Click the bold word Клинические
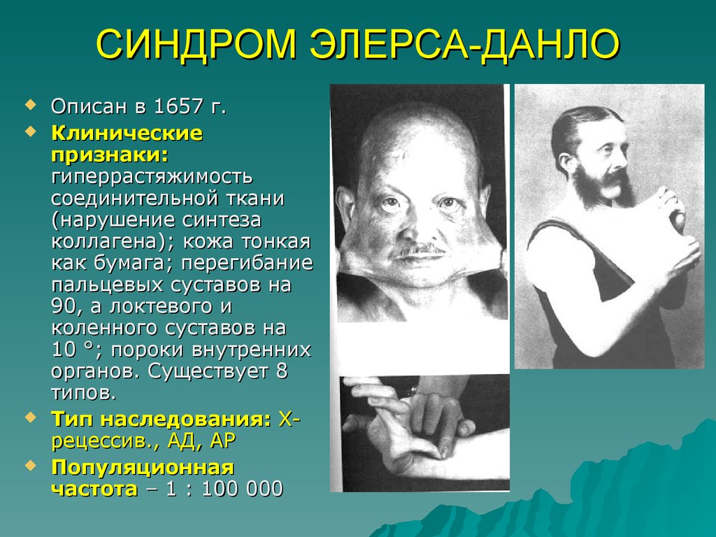pos(127,132)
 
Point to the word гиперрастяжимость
pos(152,176)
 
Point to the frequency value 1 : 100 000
pos(224,488)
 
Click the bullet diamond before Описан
pos(30,105)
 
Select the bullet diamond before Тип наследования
pos(30,417)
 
